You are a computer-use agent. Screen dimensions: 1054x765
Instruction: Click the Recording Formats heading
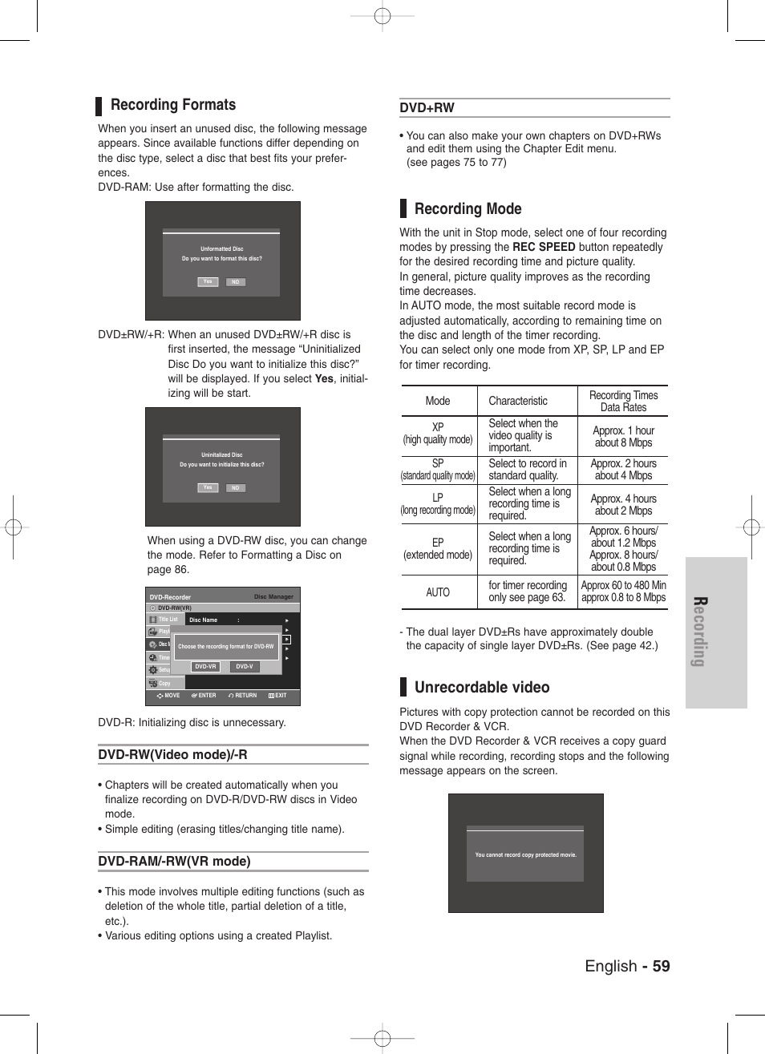[x=172, y=105]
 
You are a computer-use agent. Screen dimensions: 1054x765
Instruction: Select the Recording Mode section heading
[x=467, y=209]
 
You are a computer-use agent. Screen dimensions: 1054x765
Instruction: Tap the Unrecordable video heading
[x=481, y=688]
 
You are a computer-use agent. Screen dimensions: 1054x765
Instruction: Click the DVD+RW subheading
[x=427, y=108]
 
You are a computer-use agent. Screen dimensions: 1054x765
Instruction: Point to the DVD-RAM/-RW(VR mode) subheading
[x=174, y=862]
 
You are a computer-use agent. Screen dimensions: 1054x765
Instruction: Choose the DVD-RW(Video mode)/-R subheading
[x=172, y=755]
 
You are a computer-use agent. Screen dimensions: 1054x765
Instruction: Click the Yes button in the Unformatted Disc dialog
[x=208, y=282]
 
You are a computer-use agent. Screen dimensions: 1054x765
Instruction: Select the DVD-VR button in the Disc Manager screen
[x=206, y=667]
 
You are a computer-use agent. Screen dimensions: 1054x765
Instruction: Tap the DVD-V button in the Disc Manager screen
[x=245, y=667]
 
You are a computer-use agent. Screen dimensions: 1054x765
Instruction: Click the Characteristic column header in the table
[x=518, y=401]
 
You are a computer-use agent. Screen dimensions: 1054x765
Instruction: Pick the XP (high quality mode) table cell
[x=438, y=434]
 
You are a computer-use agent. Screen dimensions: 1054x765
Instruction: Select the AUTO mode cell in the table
[x=438, y=592]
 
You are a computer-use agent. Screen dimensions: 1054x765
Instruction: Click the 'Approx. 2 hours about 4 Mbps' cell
[x=623, y=470]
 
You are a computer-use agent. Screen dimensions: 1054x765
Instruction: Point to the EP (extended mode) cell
[x=438, y=548]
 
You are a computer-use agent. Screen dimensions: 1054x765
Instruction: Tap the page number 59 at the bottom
[x=660, y=966]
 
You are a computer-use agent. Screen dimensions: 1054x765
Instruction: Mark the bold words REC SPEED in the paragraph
[x=543, y=247]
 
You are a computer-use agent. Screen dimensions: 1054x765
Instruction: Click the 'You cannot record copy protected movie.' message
[x=525, y=855]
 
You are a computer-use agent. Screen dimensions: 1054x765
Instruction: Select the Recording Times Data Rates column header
[x=623, y=401]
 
